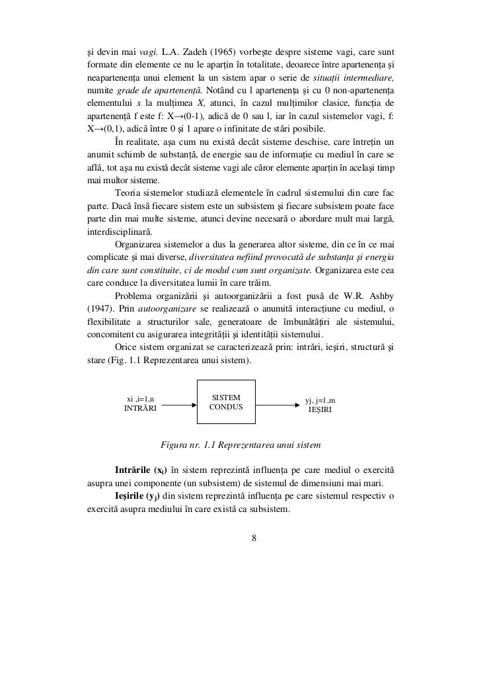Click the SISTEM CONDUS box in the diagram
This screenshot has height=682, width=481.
[227, 402]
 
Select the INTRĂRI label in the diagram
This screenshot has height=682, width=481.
[141, 409]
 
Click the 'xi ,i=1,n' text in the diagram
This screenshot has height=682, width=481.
[140, 399]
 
